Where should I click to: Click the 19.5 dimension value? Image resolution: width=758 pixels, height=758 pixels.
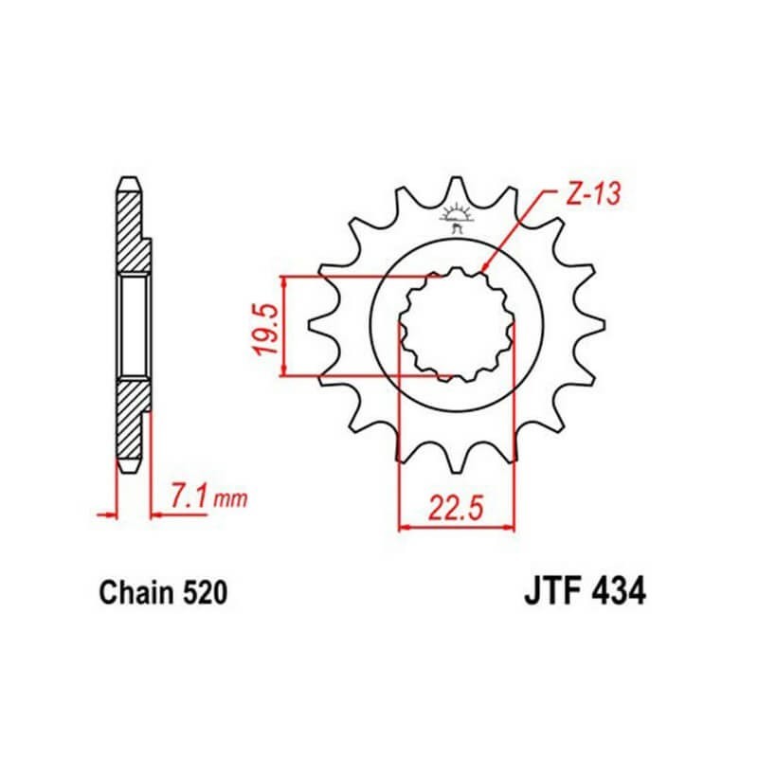[x=268, y=330]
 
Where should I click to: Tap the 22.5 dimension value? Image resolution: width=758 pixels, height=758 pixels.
[x=456, y=509]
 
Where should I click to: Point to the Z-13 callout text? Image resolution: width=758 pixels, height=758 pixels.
[x=593, y=194]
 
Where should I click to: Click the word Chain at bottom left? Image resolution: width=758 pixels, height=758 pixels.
[x=136, y=593]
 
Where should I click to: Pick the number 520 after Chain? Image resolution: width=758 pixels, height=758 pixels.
[x=205, y=593]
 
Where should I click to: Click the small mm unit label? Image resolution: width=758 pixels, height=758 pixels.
[x=230, y=498]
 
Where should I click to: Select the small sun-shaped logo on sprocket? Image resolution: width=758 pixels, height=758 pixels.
[x=456, y=218]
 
